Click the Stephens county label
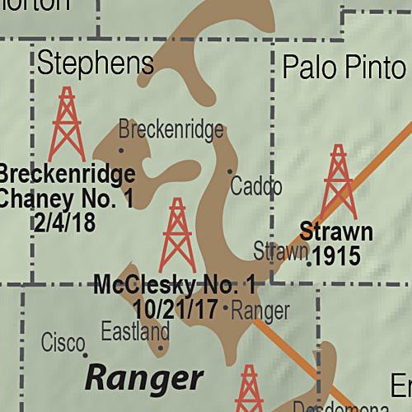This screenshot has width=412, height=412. pyautogui.click(x=96, y=64)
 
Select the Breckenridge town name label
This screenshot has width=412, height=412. pyautogui.click(x=171, y=129)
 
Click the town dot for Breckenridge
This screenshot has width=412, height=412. pyautogui.click(x=121, y=150)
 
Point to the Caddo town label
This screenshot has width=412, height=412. pyautogui.click(x=255, y=186)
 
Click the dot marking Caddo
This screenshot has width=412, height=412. pyautogui.click(x=230, y=171)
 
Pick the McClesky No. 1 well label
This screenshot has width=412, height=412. pyautogui.click(x=175, y=287)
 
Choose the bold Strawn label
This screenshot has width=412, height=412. pyautogui.click(x=336, y=232)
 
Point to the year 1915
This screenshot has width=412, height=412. pyautogui.click(x=336, y=256)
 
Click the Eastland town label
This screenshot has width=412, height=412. pyautogui.click(x=135, y=332)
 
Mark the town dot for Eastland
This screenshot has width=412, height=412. pyautogui.click(x=161, y=347)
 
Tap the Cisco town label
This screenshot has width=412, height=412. pyautogui.click(x=63, y=340)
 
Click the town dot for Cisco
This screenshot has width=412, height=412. pyautogui.click(x=85, y=355)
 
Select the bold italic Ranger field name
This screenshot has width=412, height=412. pyautogui.click(x=144, y=378)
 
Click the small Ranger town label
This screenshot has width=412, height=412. pyautogui.click(x=260, y=311)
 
